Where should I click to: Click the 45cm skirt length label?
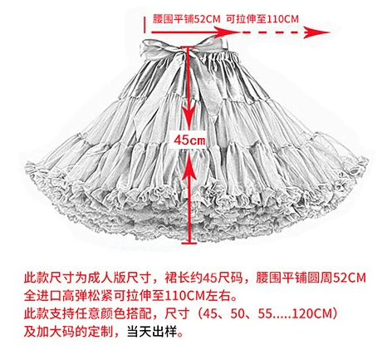pos(189,141)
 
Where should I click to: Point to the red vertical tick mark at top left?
pos(145,24)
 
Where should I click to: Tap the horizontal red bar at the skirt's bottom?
pos(189,244)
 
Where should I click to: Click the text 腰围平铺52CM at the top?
pos(187,19)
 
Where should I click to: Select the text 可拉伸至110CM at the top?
pos(262,19)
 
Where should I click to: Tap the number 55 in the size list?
pos(265,314)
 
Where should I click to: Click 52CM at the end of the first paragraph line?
pos(349,278)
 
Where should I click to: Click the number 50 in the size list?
pos(238,314)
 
